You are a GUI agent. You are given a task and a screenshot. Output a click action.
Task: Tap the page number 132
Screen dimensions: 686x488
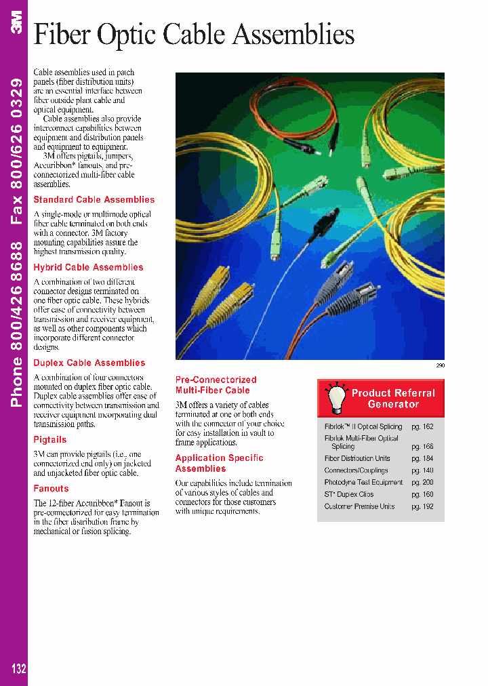[18, 668]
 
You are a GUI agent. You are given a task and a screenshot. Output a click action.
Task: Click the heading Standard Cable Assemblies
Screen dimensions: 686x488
[94, 200]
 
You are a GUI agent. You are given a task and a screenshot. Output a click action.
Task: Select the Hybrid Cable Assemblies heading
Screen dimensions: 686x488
[88, 268]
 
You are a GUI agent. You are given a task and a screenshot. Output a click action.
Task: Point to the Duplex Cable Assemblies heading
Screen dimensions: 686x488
[89, 363]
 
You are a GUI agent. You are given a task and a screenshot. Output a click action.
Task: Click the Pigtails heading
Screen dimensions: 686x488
[50, 440]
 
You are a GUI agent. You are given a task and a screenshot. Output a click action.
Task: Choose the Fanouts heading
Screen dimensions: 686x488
[51, 489]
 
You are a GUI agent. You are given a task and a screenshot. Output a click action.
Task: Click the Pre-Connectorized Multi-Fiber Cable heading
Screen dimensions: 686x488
[216, 385]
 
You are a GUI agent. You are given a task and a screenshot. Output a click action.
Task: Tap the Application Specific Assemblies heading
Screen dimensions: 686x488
[219, 464]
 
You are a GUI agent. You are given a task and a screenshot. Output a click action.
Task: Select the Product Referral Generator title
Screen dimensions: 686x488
[393, 399]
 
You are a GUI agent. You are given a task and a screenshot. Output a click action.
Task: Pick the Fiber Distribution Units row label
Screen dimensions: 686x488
[357, 459]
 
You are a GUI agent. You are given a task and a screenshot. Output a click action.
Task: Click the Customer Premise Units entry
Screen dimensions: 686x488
[359, 507]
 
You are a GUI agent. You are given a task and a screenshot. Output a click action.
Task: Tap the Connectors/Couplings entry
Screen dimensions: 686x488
[356, 470]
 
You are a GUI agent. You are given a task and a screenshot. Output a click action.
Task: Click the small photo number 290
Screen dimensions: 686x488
[439, 366]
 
